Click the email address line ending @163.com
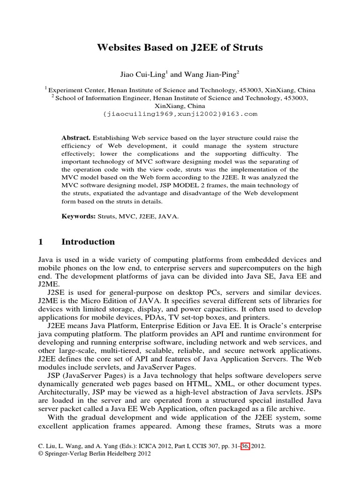tap(180, 114)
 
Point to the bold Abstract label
tap(76, 138)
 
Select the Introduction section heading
tap(88, 242)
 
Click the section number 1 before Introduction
tap(40, 242)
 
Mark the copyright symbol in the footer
tap(39, 454)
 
